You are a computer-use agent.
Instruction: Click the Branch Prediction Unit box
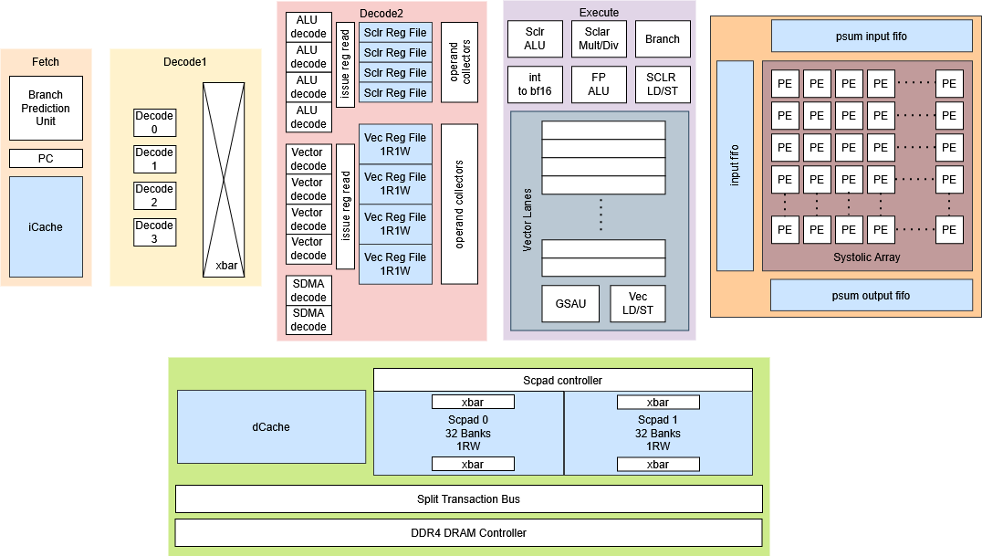46,108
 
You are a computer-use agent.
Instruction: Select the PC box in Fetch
46,159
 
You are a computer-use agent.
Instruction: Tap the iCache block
46,226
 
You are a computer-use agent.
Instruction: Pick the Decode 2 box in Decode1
154,195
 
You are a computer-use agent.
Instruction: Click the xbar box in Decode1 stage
225,180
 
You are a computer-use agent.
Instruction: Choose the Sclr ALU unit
535,38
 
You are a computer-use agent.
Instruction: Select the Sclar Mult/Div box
597,38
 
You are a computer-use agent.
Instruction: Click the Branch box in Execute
662,39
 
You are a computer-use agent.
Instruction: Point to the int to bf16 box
535,84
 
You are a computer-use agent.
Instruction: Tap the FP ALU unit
598,84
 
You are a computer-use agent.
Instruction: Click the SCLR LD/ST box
662,84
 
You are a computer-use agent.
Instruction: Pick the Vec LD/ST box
638,304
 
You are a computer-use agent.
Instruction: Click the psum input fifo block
872,37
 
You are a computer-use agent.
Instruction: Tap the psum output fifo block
872,295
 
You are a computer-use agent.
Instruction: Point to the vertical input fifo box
735,166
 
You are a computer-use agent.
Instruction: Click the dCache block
271,426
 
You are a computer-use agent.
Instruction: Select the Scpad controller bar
562,380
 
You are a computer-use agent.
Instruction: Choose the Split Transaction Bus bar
468,498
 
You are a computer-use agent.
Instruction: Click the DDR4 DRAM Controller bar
468,532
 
